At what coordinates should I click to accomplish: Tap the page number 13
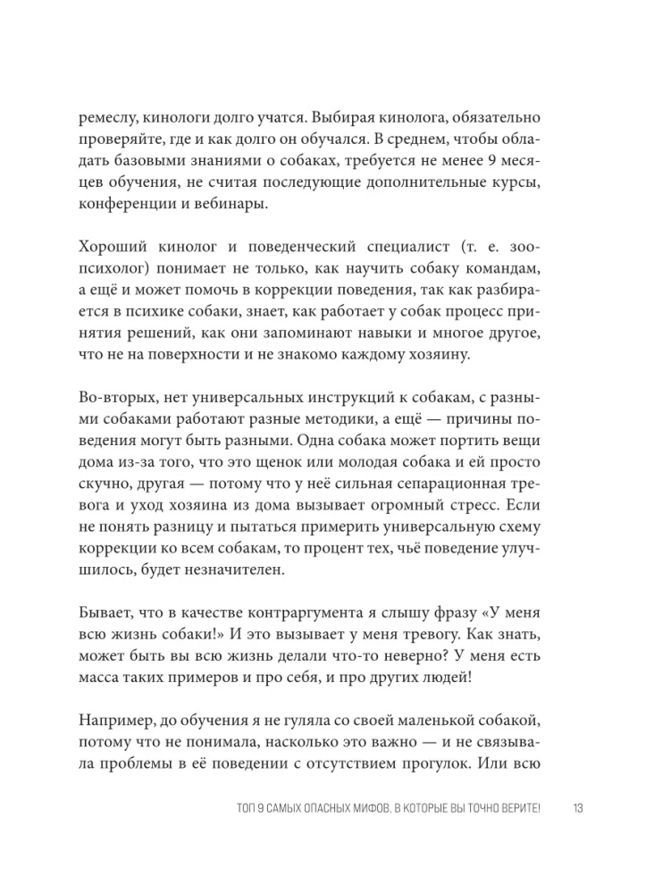coord(576,809)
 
